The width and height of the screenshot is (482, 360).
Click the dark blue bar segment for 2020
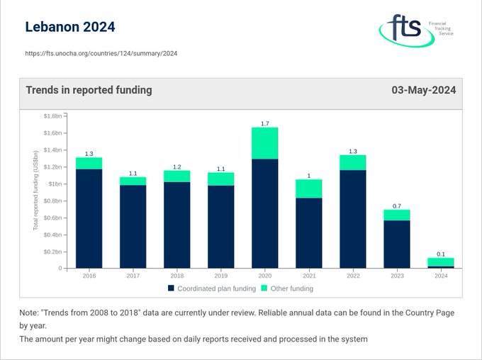point(265,213)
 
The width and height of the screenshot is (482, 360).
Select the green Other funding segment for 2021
point(309,189)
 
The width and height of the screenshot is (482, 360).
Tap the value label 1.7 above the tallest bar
point(265,123)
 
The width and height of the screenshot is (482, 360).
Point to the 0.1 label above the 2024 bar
point(441,254)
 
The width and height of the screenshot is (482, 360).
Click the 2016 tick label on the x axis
point(89,276)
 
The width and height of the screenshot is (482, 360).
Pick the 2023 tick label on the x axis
point(397,276)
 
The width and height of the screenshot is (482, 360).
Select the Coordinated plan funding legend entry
point(211,288)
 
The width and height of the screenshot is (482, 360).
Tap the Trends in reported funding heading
point(89,90)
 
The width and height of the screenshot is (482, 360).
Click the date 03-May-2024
point(423,90)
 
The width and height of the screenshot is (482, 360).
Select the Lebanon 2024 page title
point(69,28)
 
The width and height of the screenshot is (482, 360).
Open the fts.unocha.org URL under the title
point(101,53)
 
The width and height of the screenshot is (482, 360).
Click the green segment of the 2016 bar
point(89,163)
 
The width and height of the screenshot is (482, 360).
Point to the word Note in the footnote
point(31,313)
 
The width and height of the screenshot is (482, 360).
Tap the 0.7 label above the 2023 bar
point(397,206)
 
